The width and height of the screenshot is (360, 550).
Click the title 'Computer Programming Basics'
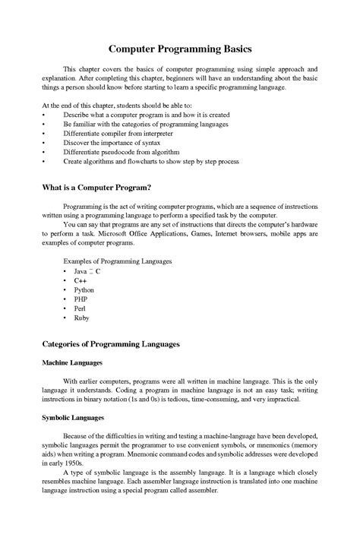(x=180, y=48)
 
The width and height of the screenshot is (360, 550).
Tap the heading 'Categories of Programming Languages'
(x=111, y=344)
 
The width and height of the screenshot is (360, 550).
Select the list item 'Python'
(x=84, y=290)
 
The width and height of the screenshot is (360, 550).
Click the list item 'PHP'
(x=81, y=299)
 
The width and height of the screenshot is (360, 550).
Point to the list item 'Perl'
(x=81, y=309)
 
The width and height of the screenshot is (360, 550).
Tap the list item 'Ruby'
(x=82, y=318)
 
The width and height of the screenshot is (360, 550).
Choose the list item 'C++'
(x=81, y=280)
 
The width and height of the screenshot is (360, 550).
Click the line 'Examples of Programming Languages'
(x=117, y=261)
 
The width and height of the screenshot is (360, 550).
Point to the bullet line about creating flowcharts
(x=151, y=162)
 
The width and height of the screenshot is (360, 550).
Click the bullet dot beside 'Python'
(x=65, y=290)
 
